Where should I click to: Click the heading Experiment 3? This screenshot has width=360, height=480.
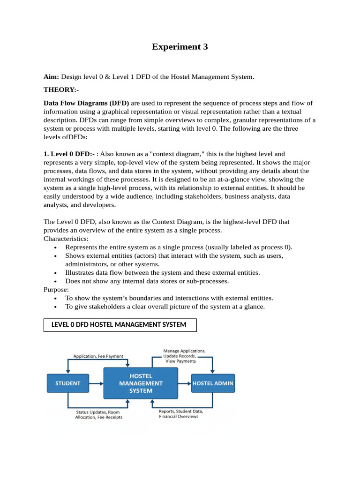pyautogui.click(x=180, y=47)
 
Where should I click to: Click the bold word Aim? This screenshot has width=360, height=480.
pyautogui.click(x=51, y=76)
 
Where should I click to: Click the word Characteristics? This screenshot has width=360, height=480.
pyautogui.click(x=66, y=239)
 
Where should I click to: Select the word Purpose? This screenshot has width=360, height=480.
pyautogui.click(x=56, y=290)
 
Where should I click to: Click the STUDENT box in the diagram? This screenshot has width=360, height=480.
pyautogui.click(x=68, y=383)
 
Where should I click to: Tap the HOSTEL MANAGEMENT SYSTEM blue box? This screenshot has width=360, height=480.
pyautogui.click(x=141, y=383)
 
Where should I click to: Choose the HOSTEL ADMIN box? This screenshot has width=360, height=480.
pyautogui.click(x=213, y=383)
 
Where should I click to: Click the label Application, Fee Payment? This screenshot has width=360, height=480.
pyautogui.click(x=98, y=356)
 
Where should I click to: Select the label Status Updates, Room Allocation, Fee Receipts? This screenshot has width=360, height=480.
pyautogui.click(x=98, y=414)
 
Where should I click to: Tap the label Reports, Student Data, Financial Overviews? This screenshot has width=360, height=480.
pyautogui.click(x=179, y=414)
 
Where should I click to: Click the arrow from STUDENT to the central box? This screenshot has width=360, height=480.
pyautogui.click(x=97, y=383)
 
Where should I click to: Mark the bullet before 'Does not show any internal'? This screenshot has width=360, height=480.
pyautogui.click(x=56, y=282)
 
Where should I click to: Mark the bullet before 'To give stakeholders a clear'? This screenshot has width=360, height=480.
pyautogui.click(x=56, y=307)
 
